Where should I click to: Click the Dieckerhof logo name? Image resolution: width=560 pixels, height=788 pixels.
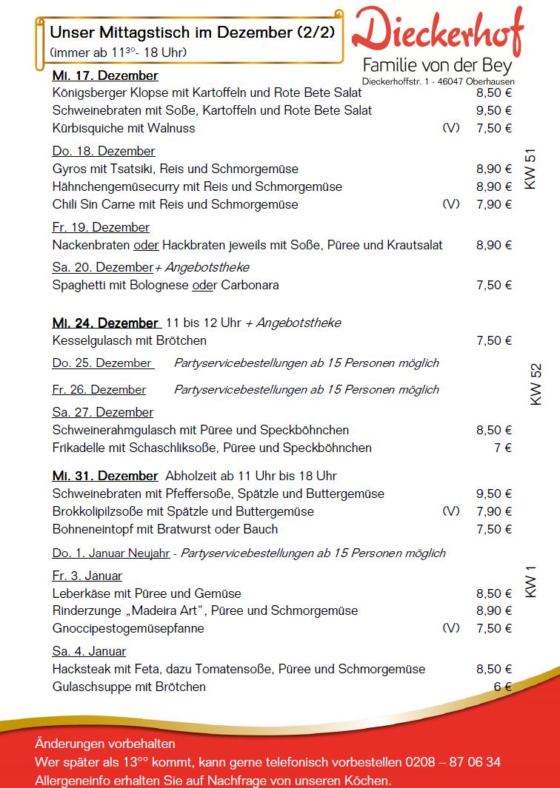[x=437, y=32]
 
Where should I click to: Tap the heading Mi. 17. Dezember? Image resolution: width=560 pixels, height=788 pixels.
[x=105, y=75]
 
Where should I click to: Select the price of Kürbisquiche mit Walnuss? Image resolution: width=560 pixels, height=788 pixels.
[x=493, y=128]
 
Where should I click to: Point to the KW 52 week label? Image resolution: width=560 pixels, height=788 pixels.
[x=536, y=384]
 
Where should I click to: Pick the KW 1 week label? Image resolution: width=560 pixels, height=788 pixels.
[x=530, y=582]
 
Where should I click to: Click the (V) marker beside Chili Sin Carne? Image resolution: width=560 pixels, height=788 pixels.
[x=450, y=204]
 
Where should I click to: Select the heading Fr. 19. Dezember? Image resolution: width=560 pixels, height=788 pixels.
[x=101, y=227]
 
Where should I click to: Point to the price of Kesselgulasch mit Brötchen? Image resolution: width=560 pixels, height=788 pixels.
[x=493, y=340]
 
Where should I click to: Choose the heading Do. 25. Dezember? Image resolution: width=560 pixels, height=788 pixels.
[x=102, y=363]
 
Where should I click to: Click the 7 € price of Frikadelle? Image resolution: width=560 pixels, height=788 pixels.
[x=503, y=448]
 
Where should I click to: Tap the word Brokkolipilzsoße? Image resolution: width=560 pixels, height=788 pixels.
[x=101, y=511]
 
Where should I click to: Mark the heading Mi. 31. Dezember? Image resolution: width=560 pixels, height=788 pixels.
[x=106, y=476]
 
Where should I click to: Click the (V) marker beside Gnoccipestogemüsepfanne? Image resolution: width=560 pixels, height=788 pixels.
[x=450, y=628]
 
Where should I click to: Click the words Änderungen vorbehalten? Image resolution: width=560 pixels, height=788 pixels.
[x=104, y=744]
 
